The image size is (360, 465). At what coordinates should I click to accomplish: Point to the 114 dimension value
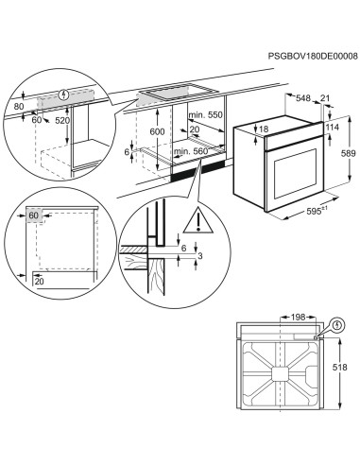330,128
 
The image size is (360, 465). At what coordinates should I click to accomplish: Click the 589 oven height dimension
348,153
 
